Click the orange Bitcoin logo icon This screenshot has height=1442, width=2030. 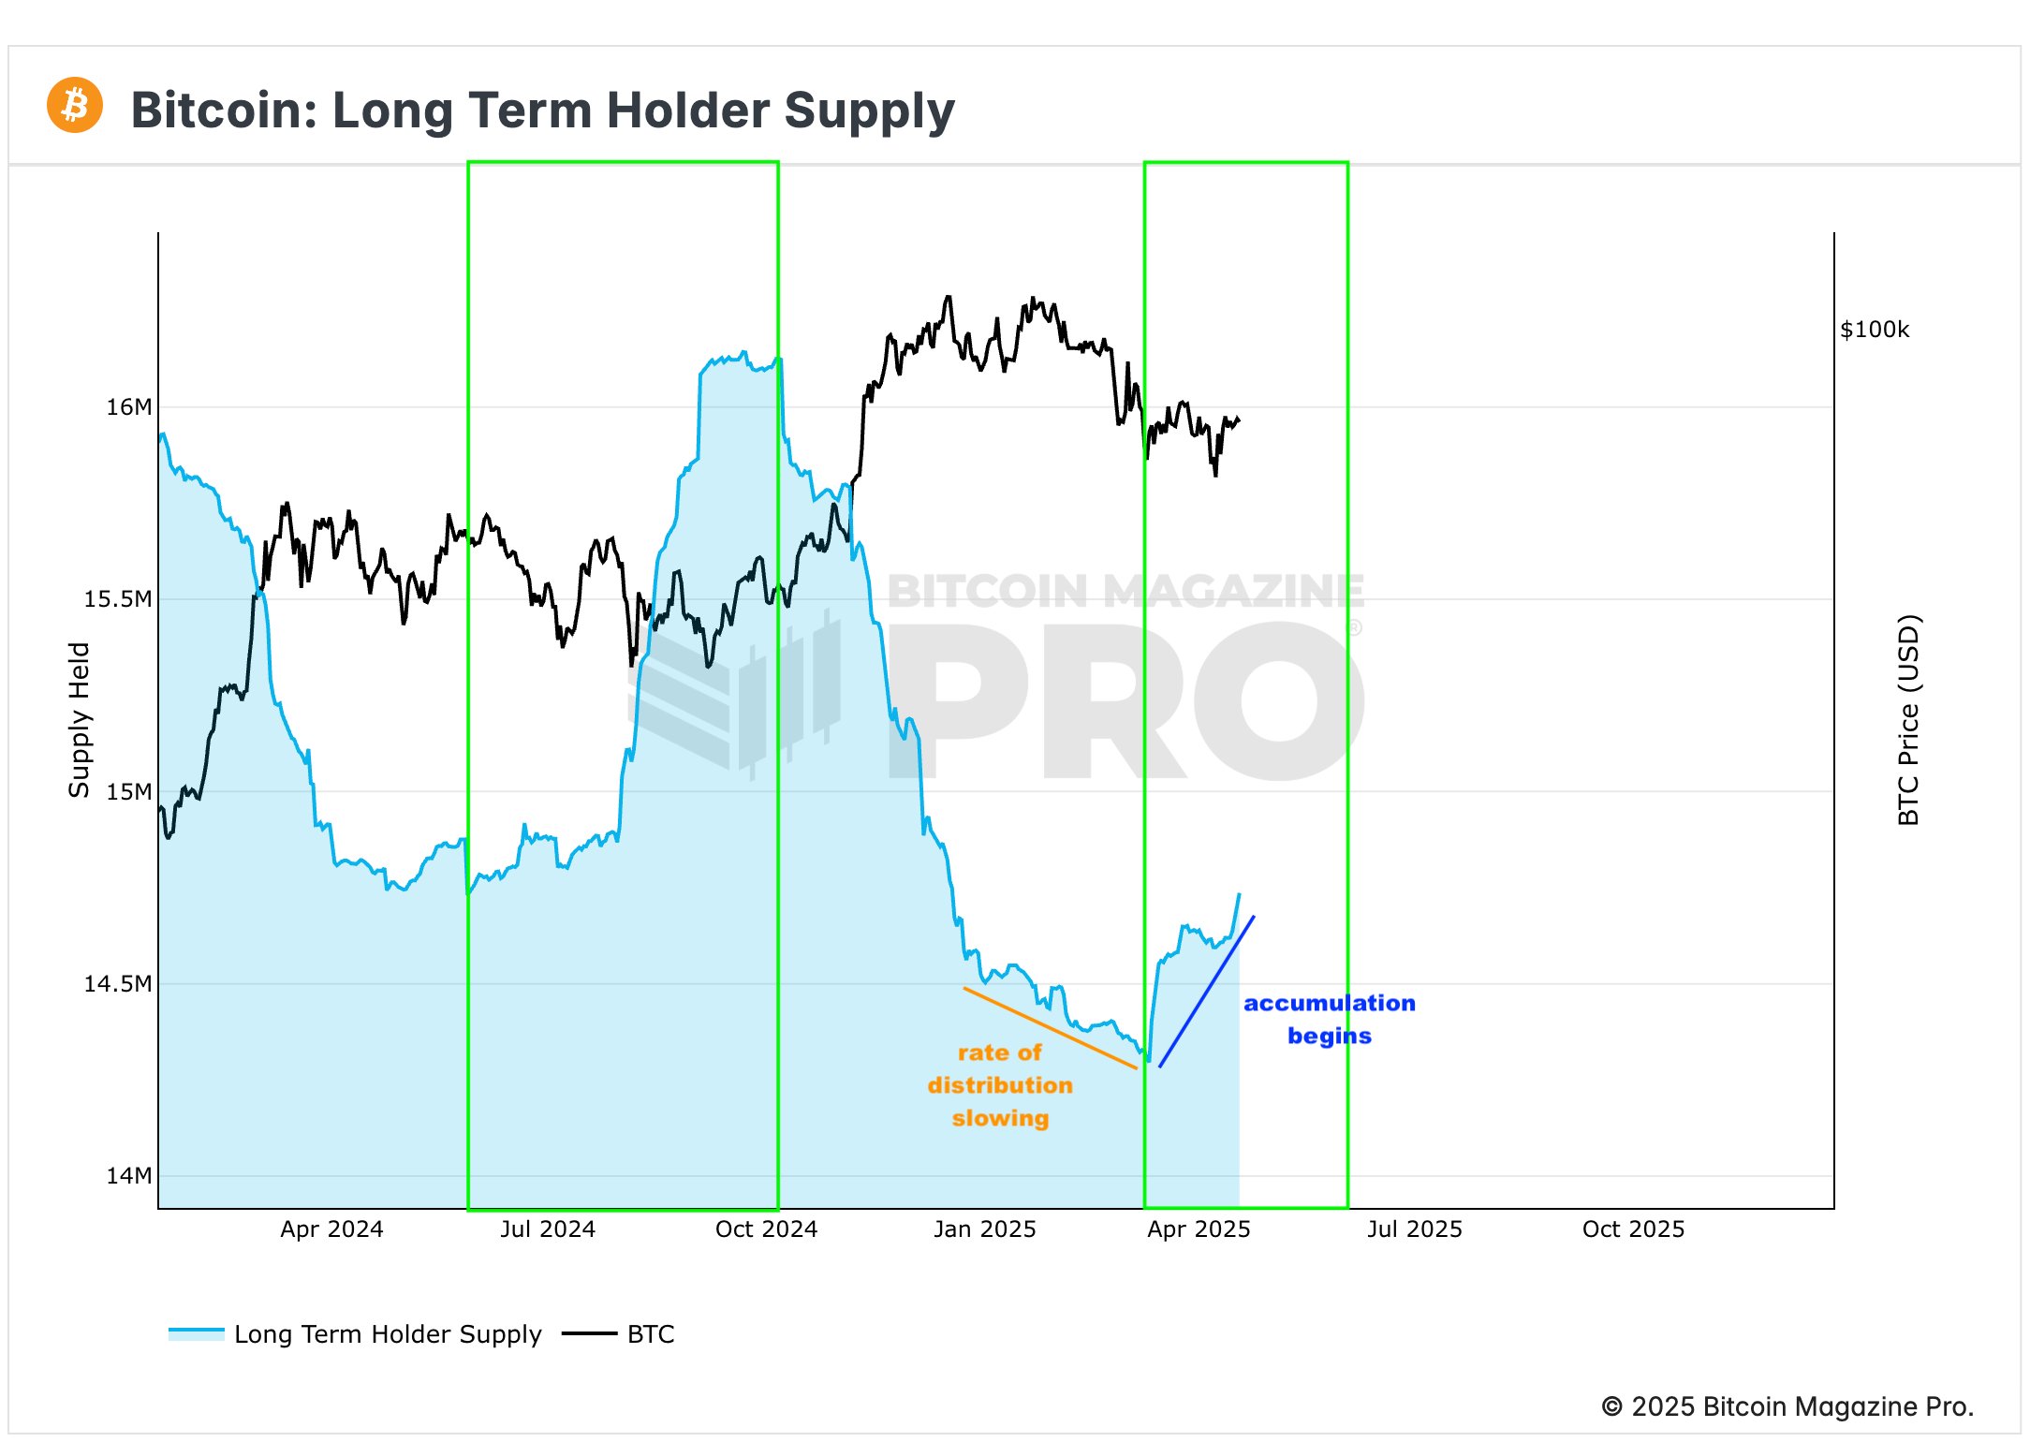click(74, 105)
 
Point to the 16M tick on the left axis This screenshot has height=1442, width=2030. click(128, 407)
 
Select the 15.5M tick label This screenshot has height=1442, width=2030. click(117, 599)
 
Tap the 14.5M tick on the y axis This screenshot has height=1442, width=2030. click(117, 984)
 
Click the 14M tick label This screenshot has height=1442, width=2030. click(128, 1176)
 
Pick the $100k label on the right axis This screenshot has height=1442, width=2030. click(1874, 330)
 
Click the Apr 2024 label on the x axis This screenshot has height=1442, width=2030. click(331, 1229)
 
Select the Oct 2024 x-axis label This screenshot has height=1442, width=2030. click(766, 1229)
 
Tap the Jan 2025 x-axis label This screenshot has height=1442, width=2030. click(984, 1229)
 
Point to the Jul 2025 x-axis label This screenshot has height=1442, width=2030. click(1414, 1229)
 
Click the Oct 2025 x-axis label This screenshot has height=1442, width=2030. click(1633, 1229)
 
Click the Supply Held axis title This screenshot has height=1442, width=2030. click(80, 719)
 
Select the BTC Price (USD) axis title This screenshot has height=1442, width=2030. click(1908, 719)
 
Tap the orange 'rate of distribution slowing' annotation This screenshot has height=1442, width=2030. click(1000, 1085)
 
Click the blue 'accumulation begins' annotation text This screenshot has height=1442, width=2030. click(1329, 1019)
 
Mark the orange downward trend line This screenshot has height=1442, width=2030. click(1050, 1028)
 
